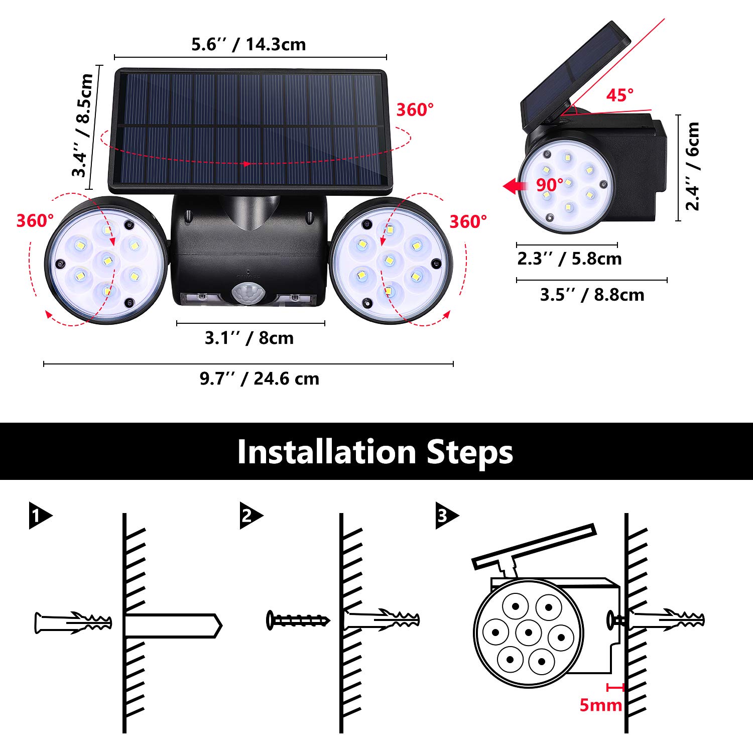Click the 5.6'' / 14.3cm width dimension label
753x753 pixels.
pyautogui.click(x=248, y=45)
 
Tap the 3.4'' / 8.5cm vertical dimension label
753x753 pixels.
pyautogui.click(x=82, y=125)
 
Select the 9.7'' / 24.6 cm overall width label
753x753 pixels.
pyautogui.click(x=259, y=379)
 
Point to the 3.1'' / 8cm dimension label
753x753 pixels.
pyautogui.click(x=249, y=338)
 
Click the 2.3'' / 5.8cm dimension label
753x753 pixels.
pyautogui.click(x=569, y=259)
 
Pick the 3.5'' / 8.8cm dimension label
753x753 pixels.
pyautogui.click(x=592, y=295)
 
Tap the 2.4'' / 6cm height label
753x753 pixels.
pyautogui.click(x=693, y=166)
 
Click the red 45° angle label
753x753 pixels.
pyautogui.click(x=619, y=95)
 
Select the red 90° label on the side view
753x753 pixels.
pyautogui.click(x=549, y=185)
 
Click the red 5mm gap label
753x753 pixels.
pyautogui.click(x=600, y=705)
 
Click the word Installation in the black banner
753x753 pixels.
pyautogui.click(x=327, y=452)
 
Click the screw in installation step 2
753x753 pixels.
pyautogui.click(x=298, y=620)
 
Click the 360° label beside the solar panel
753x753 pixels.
pyautogui.click(x=415, y=110)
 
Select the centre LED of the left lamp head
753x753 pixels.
pyautogui.click(x=106, y=260)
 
